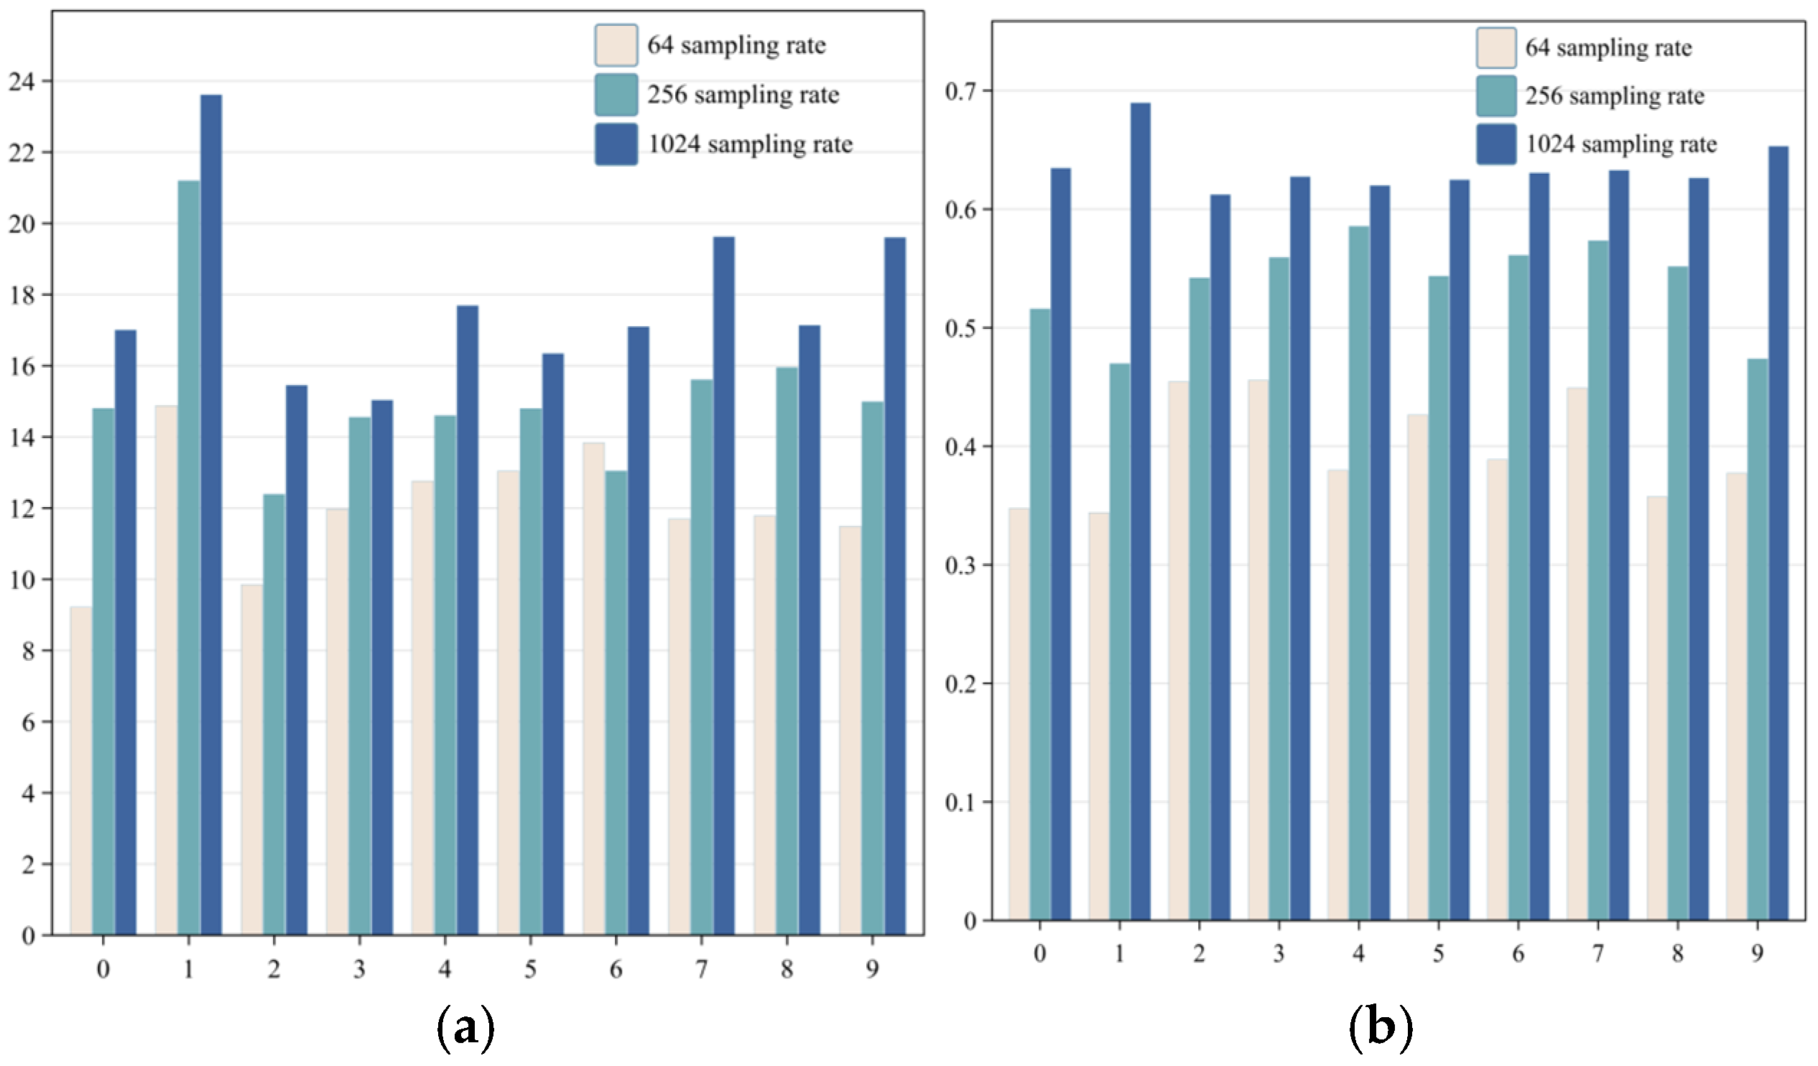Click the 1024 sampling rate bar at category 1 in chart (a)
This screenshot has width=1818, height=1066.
coord(210,515)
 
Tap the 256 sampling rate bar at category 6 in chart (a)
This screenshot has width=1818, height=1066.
coord(616,703)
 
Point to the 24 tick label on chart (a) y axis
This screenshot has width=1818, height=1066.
coord(22,81)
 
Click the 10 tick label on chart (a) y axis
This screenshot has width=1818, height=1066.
coord(22,580)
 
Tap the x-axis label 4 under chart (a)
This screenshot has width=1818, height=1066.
coord(445,969)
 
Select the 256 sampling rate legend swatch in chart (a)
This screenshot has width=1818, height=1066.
coord(616,95)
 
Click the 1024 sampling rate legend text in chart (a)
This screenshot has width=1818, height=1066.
coord(751,144)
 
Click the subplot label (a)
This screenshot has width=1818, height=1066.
coord(466,1029)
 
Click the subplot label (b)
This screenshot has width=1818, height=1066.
coord(1380,1027)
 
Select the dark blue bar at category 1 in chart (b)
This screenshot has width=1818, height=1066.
coord(1140,511)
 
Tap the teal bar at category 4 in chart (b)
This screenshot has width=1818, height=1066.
coord(1359,573)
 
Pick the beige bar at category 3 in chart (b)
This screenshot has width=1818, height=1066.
coord(1258,650)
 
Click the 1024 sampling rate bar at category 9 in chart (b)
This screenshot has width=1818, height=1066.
coord(1778,533)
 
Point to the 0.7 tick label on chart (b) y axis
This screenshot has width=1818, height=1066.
coord(960,92)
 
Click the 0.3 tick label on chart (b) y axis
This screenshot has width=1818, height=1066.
coord(960,565)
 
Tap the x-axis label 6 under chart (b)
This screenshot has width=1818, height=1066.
coord(1518,954)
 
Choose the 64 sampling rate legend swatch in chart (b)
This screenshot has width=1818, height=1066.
coord(1495,47)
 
